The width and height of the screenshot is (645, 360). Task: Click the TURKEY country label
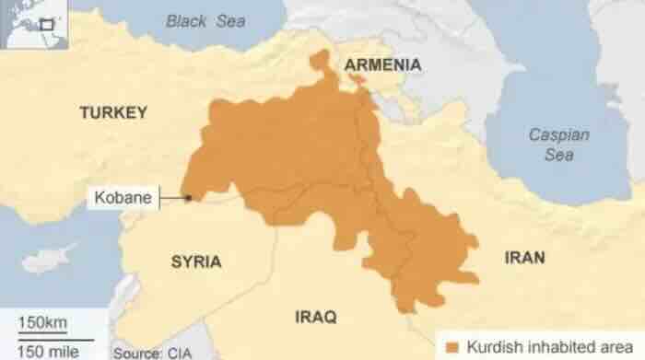[x=113, y=112]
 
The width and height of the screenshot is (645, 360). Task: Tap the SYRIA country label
[x=195, y=261]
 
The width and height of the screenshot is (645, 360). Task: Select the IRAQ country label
[x=315, y=317]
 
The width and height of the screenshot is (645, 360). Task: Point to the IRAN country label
[x=524, y=257]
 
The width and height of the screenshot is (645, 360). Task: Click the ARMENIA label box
[x=382, y=64]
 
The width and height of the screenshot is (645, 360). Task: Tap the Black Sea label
[x=205, y=20]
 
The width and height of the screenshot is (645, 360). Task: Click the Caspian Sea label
[x=558, y=145]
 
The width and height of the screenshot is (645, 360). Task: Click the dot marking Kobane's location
[x=188, y=197]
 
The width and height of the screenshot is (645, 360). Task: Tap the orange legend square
[x=451, y=347]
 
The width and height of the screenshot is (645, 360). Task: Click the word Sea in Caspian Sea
[x=558, y=155]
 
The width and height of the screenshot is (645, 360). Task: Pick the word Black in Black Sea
[x=185, y=20]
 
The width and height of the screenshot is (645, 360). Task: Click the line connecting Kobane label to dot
[x=170, y=197]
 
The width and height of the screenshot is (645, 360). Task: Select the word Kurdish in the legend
[x=491, y=347]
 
